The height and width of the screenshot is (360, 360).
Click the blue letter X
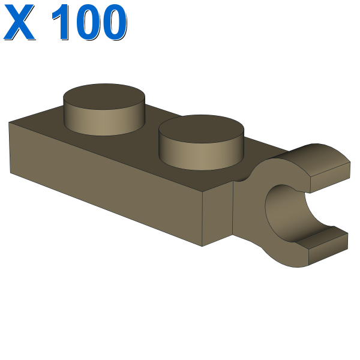coord(19,22)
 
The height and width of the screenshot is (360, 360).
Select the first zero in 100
coord(88,22)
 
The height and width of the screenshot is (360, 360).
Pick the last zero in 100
coord(114,22)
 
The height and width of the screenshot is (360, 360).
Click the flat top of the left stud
coord(104,95)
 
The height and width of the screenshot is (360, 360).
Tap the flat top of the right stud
coord(201,128)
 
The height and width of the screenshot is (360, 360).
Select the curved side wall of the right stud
coord(201,156)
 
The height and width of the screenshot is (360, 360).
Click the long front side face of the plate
coord(106,184)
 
